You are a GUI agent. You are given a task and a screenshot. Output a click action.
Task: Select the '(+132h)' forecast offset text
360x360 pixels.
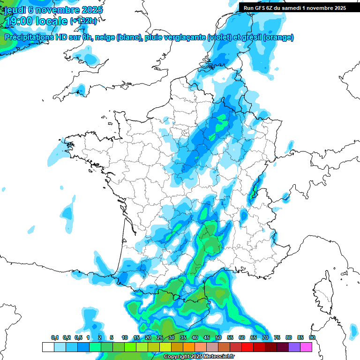click(x=83, y=21)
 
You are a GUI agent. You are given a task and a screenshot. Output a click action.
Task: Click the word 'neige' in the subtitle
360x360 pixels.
click(x=105, y=37)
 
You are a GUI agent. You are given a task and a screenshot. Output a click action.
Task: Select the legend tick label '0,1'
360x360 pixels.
click(x=55, y=338)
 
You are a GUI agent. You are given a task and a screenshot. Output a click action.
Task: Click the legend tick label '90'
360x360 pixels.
click(x=312, y=338)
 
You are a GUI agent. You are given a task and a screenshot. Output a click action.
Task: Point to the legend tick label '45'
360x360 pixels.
click(x=206, y=338)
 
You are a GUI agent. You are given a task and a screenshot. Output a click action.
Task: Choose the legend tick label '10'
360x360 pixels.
click(x=124, y=338)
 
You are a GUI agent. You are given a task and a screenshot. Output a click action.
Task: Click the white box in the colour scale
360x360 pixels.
click(x=48, y=347)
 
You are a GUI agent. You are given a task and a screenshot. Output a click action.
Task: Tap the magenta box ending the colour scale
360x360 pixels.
click(x=306, y=347)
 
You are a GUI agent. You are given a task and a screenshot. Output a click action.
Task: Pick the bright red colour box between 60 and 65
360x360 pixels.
click(x=247, y=347)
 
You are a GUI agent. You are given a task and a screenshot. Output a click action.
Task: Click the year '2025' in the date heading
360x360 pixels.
click(x=89, y=10)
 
